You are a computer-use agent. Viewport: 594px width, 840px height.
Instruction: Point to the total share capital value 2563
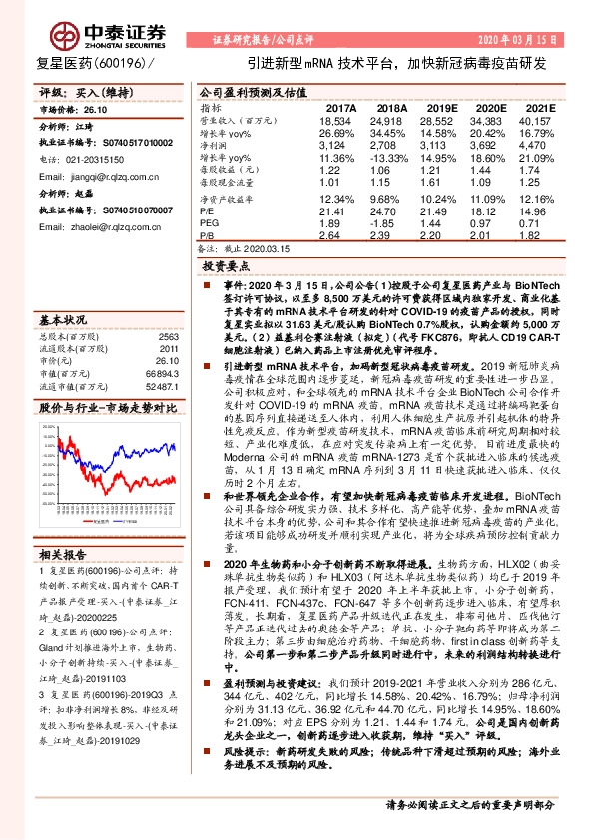pyautogui.click(x=167, y=336)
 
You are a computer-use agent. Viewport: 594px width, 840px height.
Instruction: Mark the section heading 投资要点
pyautogui.click(x=225, y=268)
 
